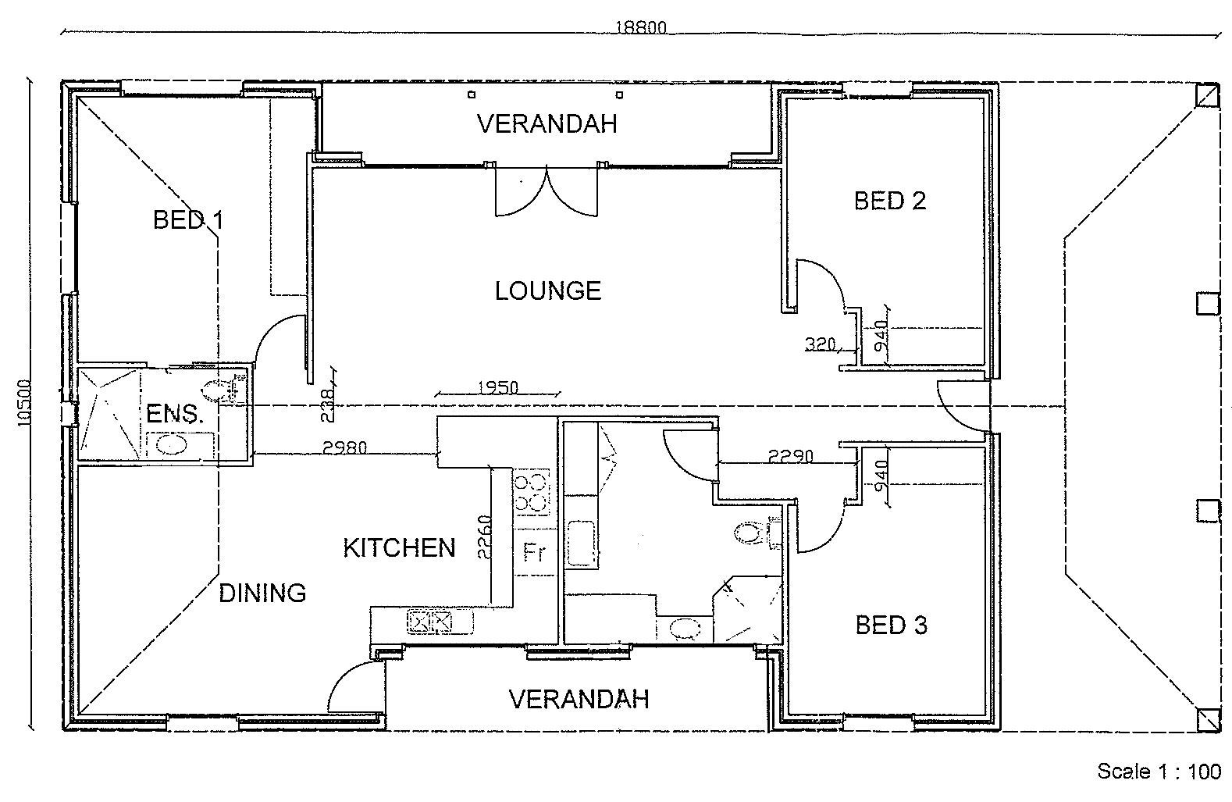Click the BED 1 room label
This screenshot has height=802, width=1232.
[187, 220]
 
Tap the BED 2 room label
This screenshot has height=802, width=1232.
[889, 201]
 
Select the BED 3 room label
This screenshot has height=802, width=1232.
[891, 625]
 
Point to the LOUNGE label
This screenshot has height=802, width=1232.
[548, 291]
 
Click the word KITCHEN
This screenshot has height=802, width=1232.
[399, 547]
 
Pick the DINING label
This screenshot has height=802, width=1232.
[262, 593]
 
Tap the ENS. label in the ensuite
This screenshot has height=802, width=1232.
[175, 414]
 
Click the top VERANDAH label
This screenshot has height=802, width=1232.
[547, 123]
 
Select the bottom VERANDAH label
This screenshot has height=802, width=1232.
[579, 699]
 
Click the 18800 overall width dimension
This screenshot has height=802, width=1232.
[640, 27]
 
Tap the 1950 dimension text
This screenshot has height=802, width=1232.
[497, 387]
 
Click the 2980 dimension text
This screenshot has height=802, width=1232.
[344, 447]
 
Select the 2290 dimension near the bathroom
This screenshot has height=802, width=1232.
[790, 456]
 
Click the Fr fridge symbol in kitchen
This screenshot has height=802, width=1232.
[533, 553]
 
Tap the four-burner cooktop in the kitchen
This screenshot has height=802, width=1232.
[531, 493]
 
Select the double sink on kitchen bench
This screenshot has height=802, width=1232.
[430, 622]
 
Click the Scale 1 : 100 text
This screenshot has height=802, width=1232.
[1159, 772]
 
